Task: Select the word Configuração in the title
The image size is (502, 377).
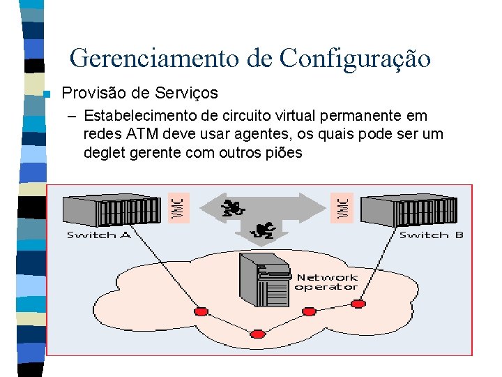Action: coord(355,59)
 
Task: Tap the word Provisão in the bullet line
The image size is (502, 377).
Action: coord(93,93)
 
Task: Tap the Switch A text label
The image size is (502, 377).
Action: coord(98,235)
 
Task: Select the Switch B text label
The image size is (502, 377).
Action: coord(431,235)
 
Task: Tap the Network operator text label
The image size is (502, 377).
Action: coord(326,282)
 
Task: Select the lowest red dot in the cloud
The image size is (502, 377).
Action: coord(257,334)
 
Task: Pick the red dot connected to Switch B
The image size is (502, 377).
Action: coord(358,304)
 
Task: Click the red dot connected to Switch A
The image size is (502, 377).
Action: coord(201,311)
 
